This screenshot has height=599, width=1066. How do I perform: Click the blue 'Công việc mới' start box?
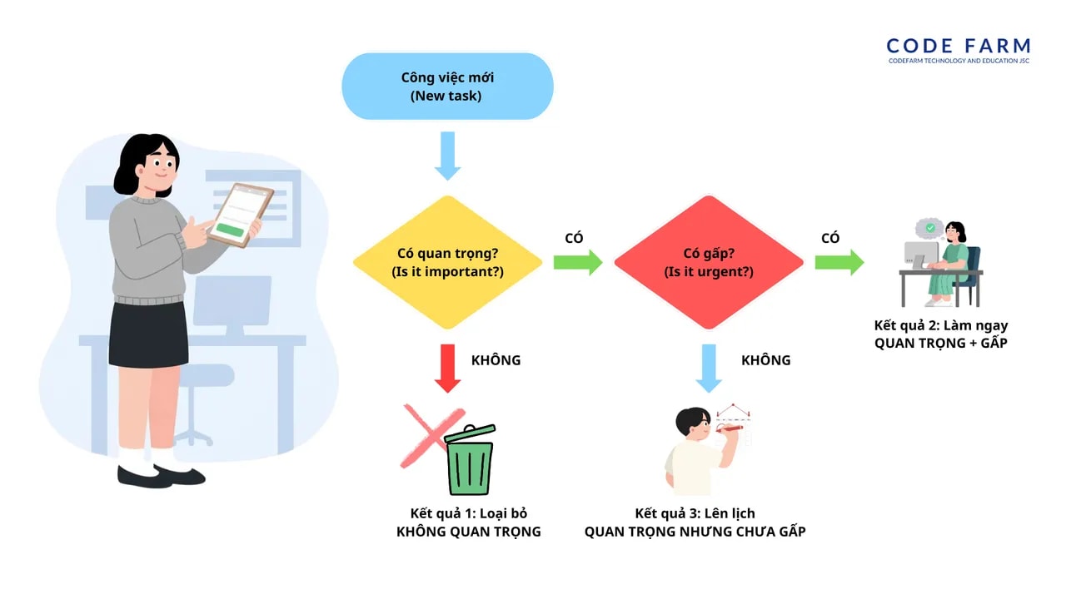(x=447, y=86)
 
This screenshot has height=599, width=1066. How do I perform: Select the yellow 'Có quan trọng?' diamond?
(x=448, y=262)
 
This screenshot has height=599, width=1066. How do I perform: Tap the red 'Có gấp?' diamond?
(x=708, y=262)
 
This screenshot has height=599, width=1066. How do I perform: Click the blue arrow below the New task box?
(x=447, y=156)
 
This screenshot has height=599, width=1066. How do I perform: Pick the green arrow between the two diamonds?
(x=577, y=263)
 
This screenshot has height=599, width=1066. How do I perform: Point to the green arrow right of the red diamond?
(x=839, y=263)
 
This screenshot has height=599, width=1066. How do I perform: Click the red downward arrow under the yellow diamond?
(x=448, y=368)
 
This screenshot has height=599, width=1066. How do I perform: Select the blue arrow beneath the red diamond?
(x=709, y=368)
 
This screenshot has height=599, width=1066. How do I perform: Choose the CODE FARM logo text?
(x=958, y=47)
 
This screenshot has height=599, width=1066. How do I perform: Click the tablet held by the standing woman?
(x=240, y=215)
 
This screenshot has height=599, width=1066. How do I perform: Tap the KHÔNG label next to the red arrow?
(x=496, y=360)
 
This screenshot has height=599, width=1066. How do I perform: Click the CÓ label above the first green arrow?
(x=574, y=238)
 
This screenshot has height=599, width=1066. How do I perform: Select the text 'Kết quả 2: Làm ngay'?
(x=940, y=325)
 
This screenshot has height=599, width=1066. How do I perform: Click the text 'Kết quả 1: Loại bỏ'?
(x=468, y=513)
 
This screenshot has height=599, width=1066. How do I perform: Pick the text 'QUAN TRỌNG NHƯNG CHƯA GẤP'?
(x=695, y=532)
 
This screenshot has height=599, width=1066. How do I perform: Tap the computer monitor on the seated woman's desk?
(x=919, y=254)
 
